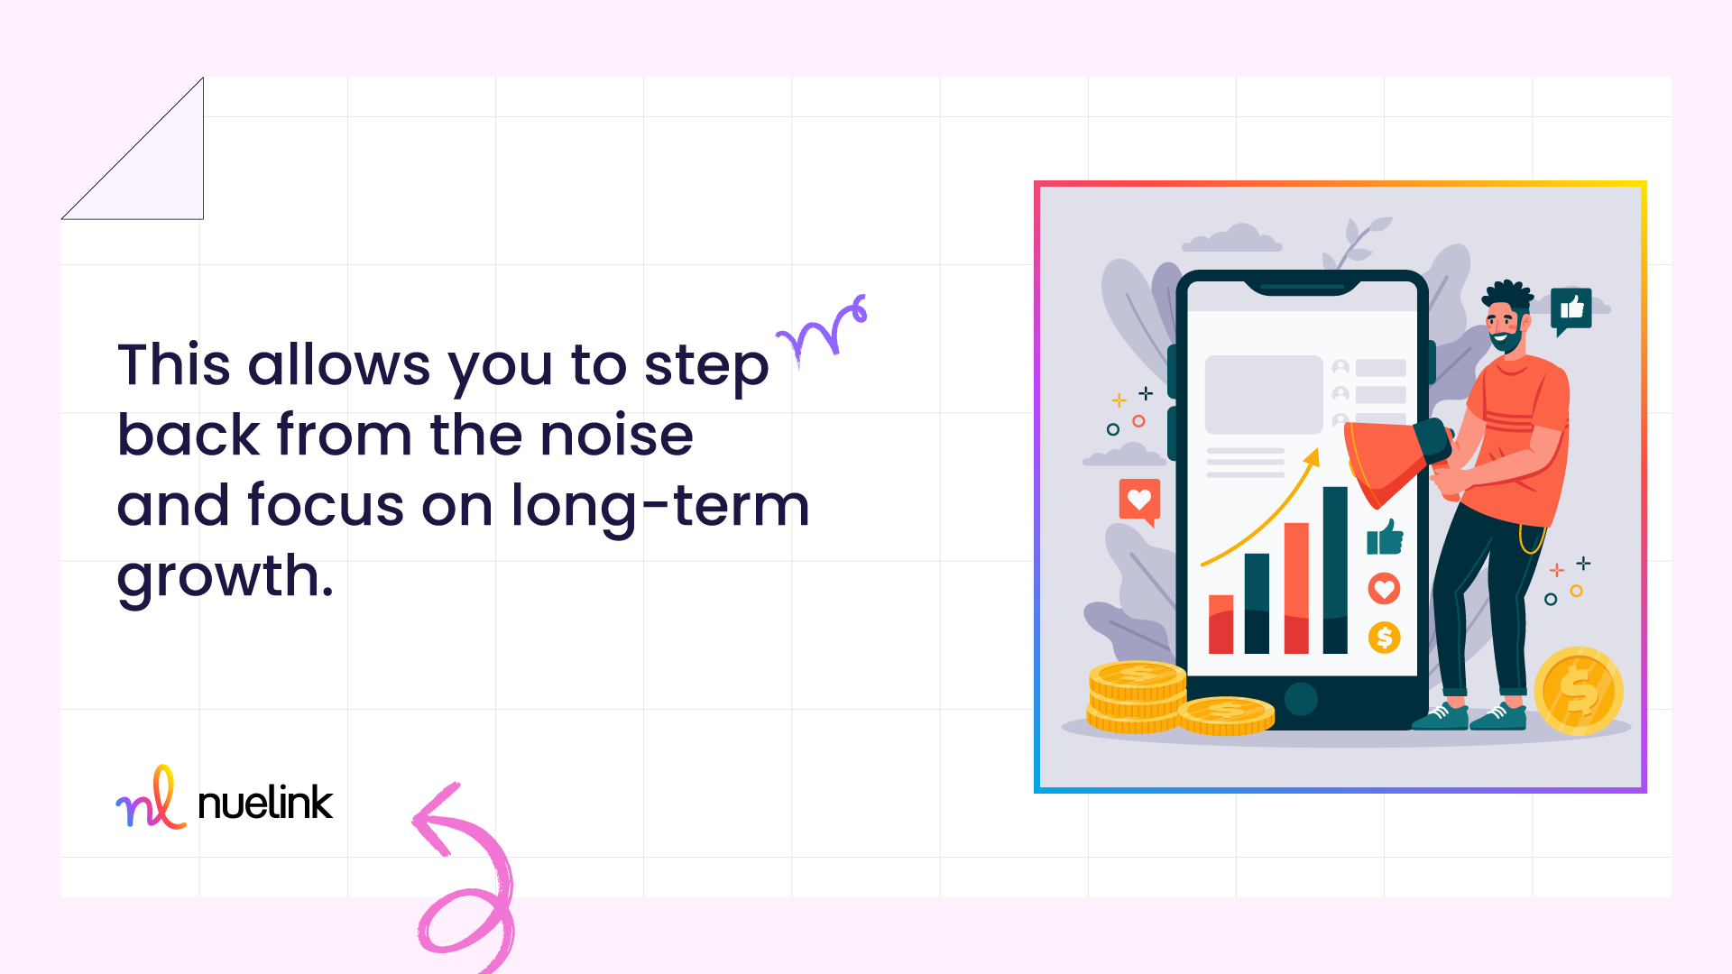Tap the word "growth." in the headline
click(226, 578)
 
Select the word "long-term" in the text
click(660, 506)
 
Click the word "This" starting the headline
click(174, 365)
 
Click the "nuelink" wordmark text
click(265, 803)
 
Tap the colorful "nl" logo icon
click(151, 797)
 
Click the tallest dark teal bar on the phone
click(1335, 570)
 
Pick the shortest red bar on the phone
click(1221, 624)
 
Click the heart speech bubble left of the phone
click(1139, 501)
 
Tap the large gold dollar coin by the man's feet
click(1579, 691)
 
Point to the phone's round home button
click(1301, 699)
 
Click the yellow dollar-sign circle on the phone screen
click(1384, 638)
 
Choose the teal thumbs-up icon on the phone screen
click(1385, 538)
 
